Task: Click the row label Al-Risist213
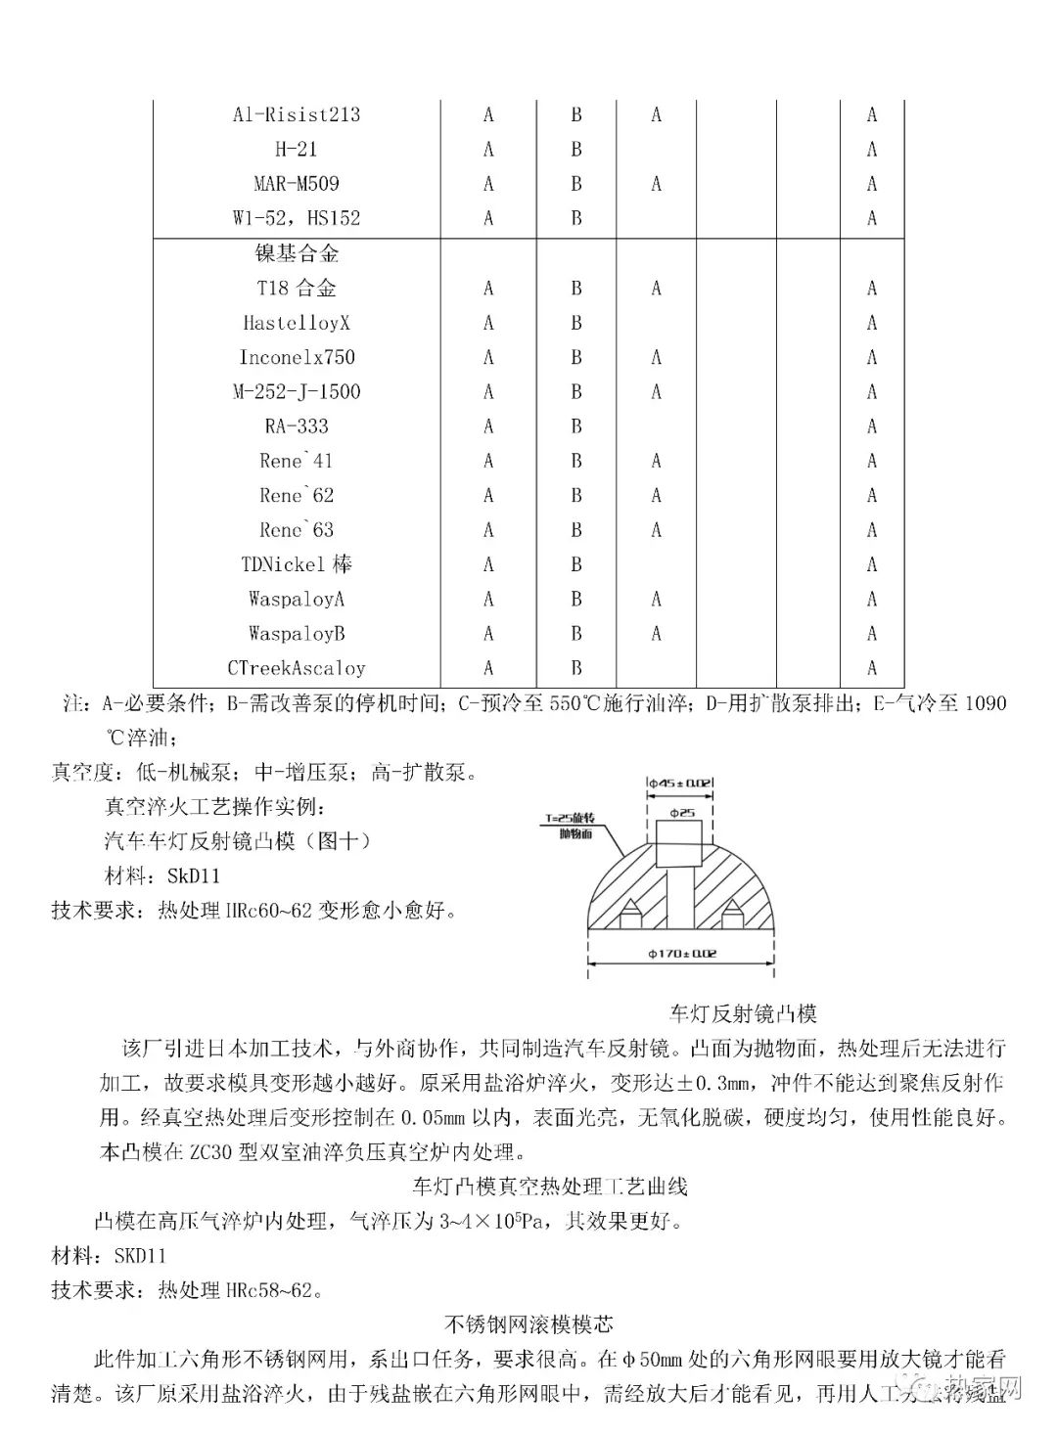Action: click(x=297, y=114)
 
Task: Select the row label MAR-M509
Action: click(x=297, y=184)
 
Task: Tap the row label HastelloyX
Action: click(x=297, y=323)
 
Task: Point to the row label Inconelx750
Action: click(x=297, y=357)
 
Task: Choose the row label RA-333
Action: click(x=297, y=426)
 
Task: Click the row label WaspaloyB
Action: click(x=297, y=634)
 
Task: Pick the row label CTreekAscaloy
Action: click(x=297, y=669)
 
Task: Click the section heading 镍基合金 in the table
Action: click(x=297, y=254)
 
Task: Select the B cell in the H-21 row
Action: click(x=576, y=150)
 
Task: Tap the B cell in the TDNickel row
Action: click(x=576, y=565)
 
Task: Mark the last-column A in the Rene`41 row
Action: click(x=872, y=461)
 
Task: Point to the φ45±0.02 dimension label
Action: click(x=680, y=783)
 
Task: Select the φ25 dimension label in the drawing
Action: click(x=682, y=813)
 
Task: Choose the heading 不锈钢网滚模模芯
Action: click(x=529, y=1324)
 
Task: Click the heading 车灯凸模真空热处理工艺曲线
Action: click(x=550, y=1187)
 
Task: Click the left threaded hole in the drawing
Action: click(x=631, y=914)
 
